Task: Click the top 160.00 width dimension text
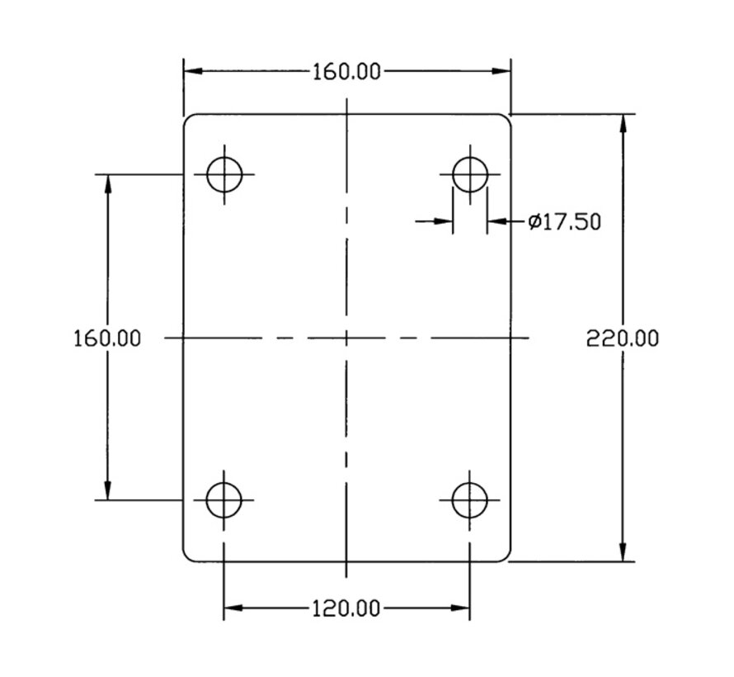click(x=346, y=72)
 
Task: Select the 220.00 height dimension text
click(x=623, y=338)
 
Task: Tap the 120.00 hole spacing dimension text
click(x=346, y=608)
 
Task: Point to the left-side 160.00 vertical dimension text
click(x=107, y=338)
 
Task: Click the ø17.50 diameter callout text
click(x=564, y=221)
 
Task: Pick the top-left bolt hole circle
click(x=207, y=174)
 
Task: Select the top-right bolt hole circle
click(x=453, y=174)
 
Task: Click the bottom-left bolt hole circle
click(x=206, y=500)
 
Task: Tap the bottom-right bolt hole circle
click(x=452, y=500)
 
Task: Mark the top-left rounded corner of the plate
click(x=186, y=117)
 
